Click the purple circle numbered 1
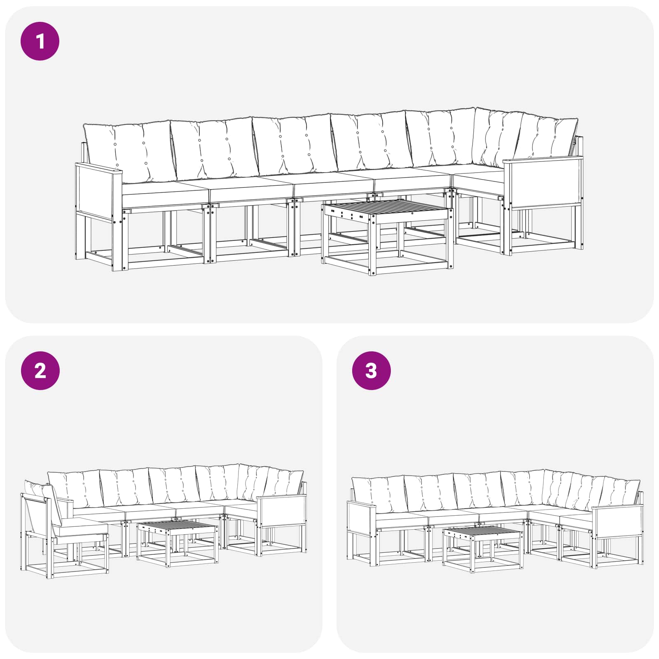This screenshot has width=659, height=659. (x=40, y=42)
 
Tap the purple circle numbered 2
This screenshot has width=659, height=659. (x=40, y=371)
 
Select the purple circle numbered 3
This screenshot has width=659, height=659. (x=371, y=371)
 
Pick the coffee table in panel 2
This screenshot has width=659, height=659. (x=178, y=544)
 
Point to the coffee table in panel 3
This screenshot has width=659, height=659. (x=483, y=549)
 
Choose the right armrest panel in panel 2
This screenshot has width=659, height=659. (x=282, y=511)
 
